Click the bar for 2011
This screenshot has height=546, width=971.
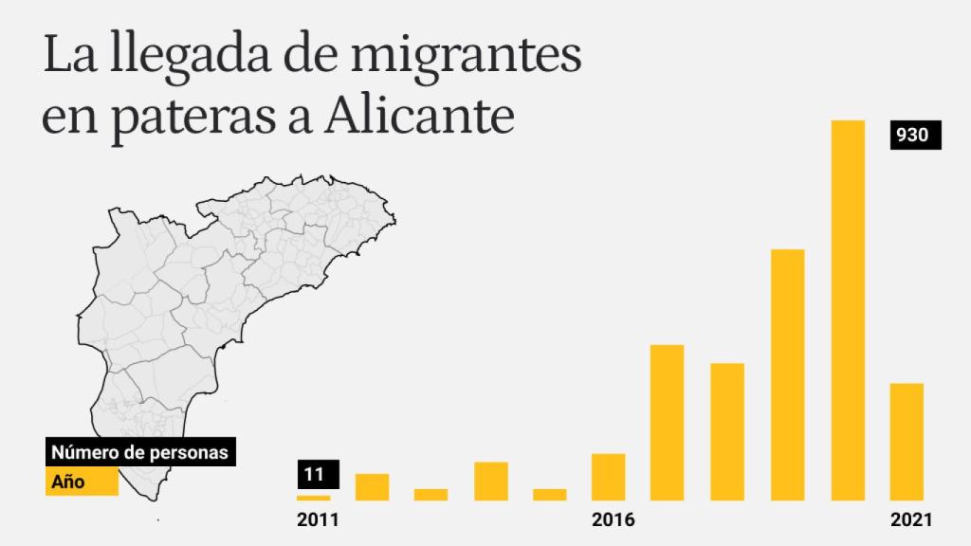(x=313, y=497)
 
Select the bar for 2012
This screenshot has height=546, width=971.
(x=372, y=486)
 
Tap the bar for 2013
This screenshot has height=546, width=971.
(x=431, y=494)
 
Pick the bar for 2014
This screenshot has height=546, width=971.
(x=491, y=481)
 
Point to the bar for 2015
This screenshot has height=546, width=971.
(x=550, y=494)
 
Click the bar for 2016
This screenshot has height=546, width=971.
(x=608, y=477)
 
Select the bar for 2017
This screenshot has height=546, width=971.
(x=668, y=422)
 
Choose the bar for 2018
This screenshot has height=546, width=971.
(x=727, y=431)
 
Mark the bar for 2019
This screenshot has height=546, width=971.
(x=787, y=374)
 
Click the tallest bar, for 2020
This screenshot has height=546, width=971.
(x=847, y=310)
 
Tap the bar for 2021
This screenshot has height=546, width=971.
(x=907, y=441)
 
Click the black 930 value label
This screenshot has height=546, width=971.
(x=914, y=136)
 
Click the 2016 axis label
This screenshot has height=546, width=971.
(x=613, y=520)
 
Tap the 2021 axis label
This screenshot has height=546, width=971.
(x=911, y=520)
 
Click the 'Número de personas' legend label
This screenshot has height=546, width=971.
(x=139, y=453)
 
